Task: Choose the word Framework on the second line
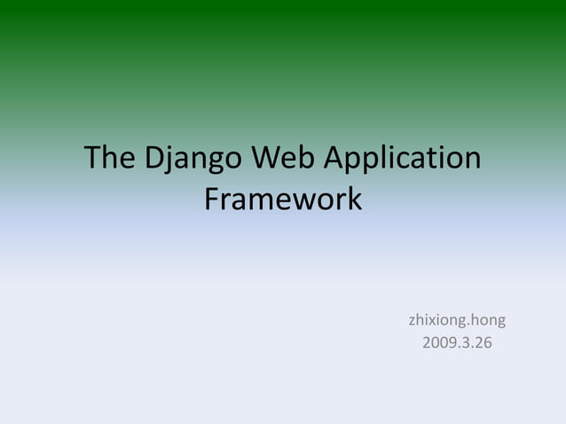pos(283,199)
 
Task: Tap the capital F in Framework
pos(211,199)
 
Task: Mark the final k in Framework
pos(355,199)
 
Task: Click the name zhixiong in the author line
pos(436,319)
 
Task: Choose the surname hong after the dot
pos(489,319)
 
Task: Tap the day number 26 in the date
pos(482,342)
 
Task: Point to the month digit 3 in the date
pos(463,342)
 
